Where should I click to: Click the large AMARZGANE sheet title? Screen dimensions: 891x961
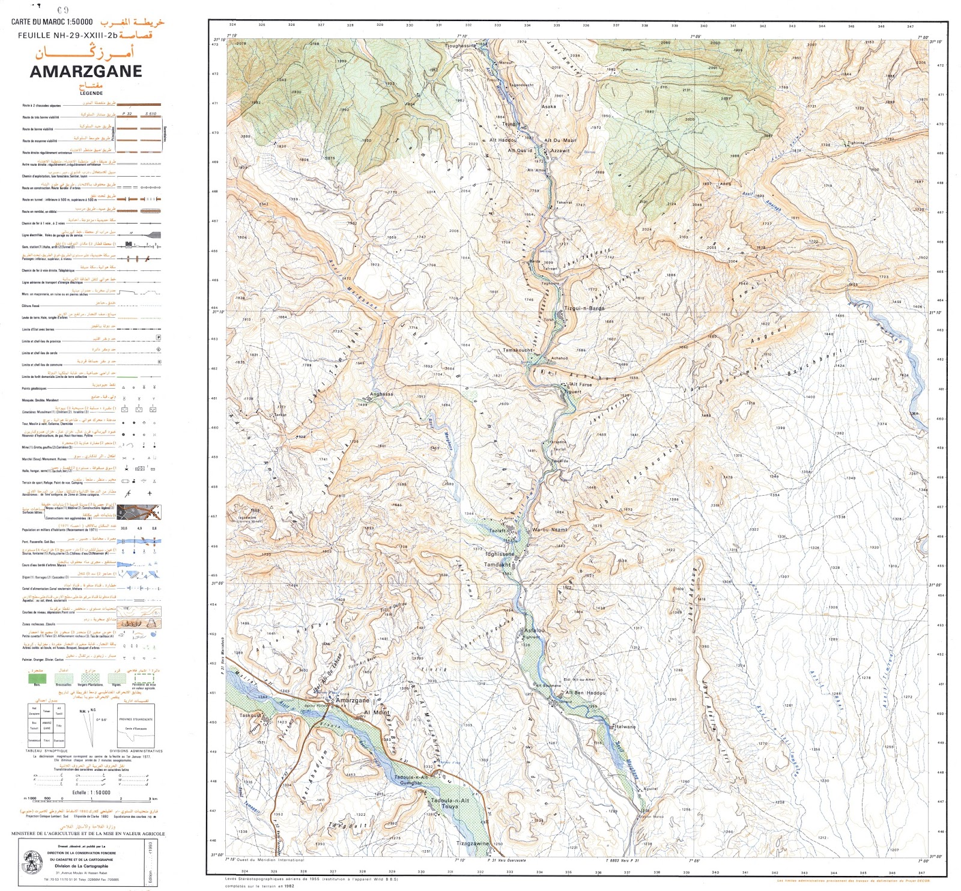(x=86, y=71)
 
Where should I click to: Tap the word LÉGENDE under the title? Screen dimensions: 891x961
(x=91, y=93)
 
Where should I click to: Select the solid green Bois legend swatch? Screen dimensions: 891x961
(x=37, y=678)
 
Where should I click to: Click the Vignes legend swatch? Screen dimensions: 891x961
(x=117, y=678)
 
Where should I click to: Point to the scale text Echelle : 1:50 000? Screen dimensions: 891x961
(x=91, y=792)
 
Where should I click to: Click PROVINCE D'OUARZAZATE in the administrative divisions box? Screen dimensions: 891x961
(x=136, y=719)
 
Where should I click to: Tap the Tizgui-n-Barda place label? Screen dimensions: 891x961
(x=584, y=308)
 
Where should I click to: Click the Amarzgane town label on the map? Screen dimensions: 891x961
(x=353, y=701)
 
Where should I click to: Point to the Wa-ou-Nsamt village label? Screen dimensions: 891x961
(x=549, y=530)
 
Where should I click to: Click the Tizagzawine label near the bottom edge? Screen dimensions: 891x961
(x=473, y=844)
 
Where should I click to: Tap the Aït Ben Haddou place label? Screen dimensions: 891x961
(x=586, y=693)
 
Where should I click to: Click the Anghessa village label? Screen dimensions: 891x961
(x=381, y=394)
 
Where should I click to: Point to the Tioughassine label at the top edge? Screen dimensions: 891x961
(x=460, y=46)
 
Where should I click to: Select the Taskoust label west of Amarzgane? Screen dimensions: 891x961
(x=250, y=716)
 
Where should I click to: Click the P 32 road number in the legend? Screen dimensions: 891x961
(x=127, y=114)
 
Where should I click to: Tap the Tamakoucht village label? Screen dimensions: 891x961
(x=518, y=350)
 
